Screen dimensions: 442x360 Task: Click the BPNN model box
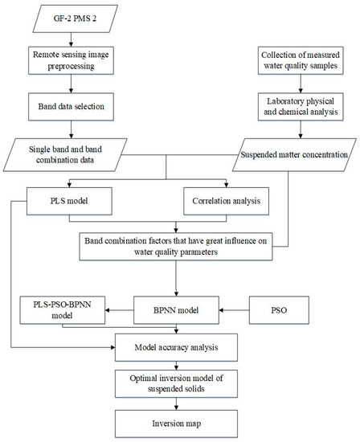[x=177, y=308]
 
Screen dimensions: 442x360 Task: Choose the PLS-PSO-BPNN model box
[x=63, y=309]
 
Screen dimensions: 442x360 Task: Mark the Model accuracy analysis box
[x=177, y=347]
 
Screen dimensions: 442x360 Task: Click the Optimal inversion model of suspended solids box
[x=177, y=383]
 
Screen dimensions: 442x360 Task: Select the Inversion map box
[x=177, y=422]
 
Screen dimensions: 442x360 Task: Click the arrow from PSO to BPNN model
[x=234, y=308]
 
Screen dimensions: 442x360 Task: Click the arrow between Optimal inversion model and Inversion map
[x=177, y=403]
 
